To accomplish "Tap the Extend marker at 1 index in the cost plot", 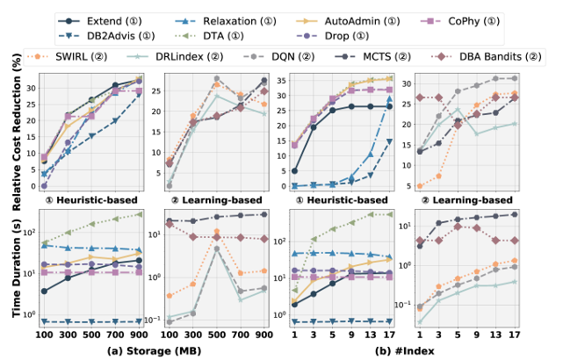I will coord(294,171).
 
